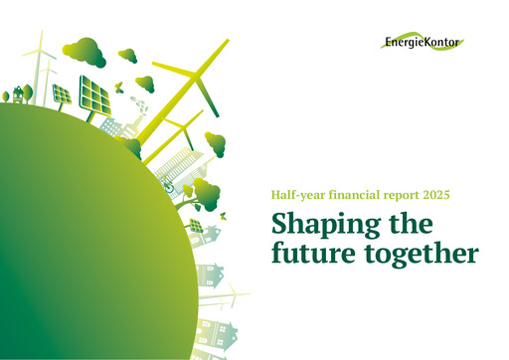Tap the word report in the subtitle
pyautogui.click(x=393, y=192)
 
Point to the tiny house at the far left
pyautogui.click(x=18, y=92)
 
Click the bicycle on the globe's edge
pyautogui.click(x=170, y=185)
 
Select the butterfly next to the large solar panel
pyautogui.click(x=117, y=87)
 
